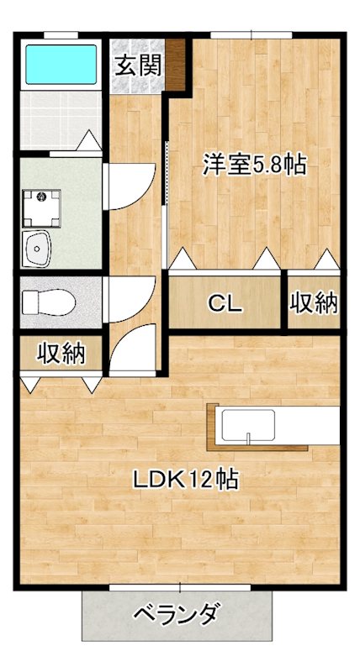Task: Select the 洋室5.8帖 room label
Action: tap(253, 165)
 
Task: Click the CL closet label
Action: tap(225, 302)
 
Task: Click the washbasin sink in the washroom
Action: tap(39, 248)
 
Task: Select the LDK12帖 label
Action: tap(186, 480)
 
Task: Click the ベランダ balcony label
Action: tap(177, 615)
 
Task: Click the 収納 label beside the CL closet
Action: tap(315, 302)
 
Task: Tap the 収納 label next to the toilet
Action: tap(61, 354)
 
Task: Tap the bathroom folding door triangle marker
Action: tap(89, 142)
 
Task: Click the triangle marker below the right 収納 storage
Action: tap(326, 259)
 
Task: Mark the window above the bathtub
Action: tap(61, 34)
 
